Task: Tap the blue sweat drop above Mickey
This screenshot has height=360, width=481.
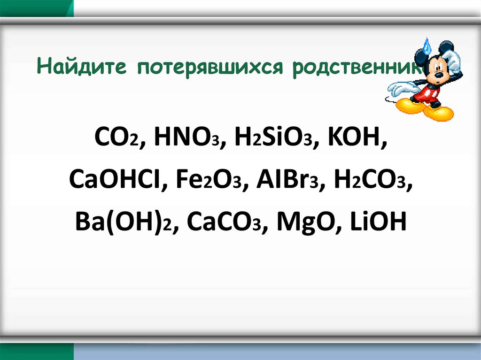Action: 427,46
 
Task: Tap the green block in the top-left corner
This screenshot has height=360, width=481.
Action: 37,8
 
